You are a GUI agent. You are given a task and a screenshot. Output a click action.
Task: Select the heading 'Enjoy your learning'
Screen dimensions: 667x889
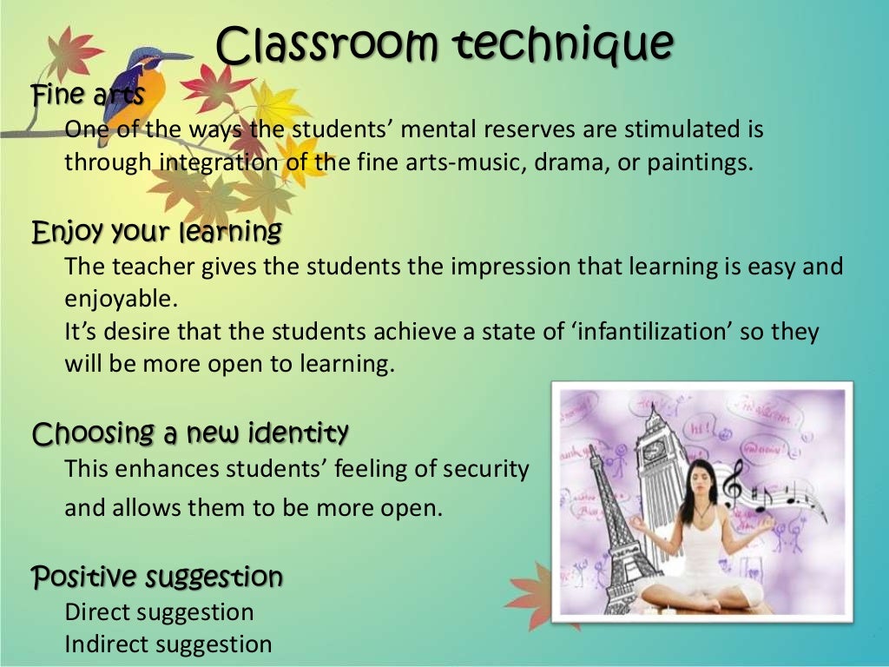click(x=156, y=232)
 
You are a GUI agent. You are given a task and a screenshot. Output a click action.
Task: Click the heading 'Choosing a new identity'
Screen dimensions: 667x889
click(x=190, y=432)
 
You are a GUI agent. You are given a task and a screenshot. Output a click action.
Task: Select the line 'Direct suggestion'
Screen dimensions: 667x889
click(x=159, y=611)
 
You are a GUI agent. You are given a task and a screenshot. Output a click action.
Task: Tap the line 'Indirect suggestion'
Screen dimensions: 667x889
click(x=168, y=644)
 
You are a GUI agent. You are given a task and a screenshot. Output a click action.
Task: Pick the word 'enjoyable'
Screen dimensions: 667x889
click(x=121, y=299)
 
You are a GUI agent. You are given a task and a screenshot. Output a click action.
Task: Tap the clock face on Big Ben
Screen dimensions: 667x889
click(x=652, y=451)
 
